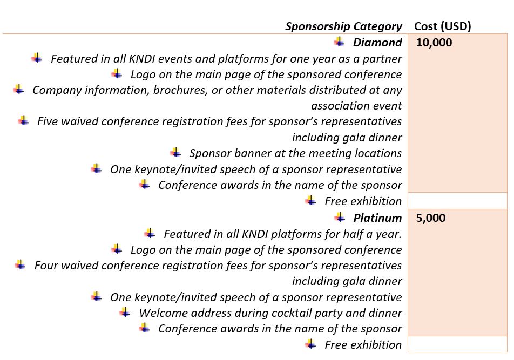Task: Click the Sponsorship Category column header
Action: [343, 26]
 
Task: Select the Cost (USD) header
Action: [443, 26]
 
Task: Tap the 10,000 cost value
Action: [434, 43]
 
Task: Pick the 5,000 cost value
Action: [431, 218]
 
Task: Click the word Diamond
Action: [377, 42]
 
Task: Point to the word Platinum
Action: [377, 218]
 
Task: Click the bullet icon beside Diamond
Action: [340, 42]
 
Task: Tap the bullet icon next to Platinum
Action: [340, 217]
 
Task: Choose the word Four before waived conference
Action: [46, 266]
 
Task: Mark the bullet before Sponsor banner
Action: [175, 152]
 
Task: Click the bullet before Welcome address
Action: [125, 312]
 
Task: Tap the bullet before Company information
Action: [19, 89]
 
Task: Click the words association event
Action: [356, 106]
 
